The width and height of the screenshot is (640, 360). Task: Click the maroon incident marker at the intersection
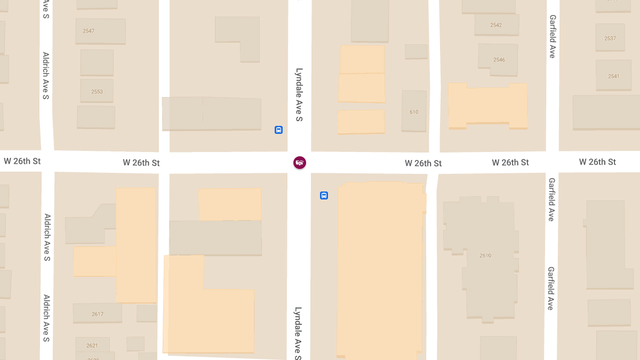(300, 163)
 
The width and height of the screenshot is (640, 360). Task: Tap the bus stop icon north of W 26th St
(278, 130)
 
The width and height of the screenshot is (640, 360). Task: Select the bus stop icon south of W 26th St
(324, 196)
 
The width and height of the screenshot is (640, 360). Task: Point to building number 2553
(97, 92)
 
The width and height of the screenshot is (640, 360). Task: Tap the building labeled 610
(414, 112)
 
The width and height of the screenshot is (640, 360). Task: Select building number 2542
(496, 25)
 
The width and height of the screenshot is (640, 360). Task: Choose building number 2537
(610, 38)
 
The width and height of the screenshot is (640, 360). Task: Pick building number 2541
(613, 76)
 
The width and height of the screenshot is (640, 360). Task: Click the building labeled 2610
(485, 255)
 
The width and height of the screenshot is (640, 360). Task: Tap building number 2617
(98, 314)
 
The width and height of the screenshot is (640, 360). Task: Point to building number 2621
(92, 345)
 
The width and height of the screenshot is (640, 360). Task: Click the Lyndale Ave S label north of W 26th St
(299, 95)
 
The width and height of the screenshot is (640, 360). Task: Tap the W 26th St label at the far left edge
(22, 161)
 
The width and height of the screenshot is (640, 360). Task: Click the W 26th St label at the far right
(597, 162)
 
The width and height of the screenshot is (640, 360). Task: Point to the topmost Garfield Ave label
(553, 36)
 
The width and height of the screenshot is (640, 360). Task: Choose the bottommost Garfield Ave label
(550, 289)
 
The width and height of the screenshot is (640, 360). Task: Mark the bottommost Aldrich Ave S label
(46, 318)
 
